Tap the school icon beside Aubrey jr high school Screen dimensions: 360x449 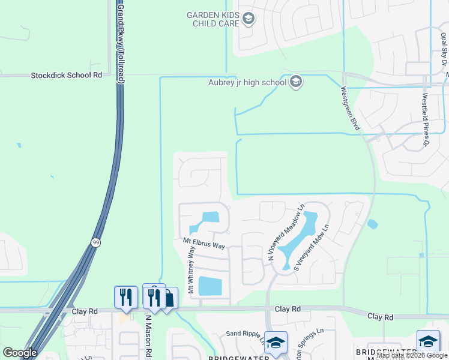(295, 82)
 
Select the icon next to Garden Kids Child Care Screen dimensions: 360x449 (249, 19)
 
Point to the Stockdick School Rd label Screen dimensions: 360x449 (67, 75)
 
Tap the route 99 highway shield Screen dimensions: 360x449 (95, 242)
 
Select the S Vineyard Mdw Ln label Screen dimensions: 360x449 (312, 248)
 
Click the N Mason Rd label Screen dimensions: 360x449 (147, 336)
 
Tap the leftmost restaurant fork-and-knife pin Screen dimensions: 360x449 (126, 297)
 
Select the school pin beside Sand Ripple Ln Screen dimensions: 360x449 (276, 343)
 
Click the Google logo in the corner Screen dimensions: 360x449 (20, 353)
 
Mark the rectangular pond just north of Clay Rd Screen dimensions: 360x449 (209, 286)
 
